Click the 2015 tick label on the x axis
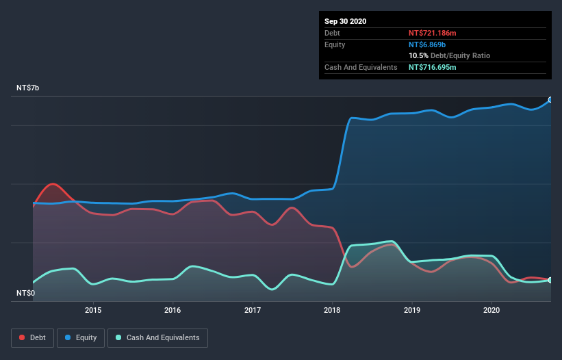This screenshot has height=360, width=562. click(93, 310)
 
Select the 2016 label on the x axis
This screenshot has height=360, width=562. click(173, 310)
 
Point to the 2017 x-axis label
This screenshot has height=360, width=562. click(253, 310)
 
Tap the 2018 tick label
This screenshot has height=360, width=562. click(333, 310)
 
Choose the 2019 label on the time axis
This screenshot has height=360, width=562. click(412, 310)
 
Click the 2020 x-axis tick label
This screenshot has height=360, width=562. click(491, 310)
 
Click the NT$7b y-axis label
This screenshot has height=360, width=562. click(29, 88)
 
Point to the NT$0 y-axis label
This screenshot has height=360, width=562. click(27, 293)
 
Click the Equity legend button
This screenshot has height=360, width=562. click(80, 337)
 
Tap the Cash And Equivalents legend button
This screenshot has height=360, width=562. click(157, 337)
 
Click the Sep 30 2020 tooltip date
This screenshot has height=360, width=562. click(346, 21)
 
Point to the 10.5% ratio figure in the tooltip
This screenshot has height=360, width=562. click(418, 55)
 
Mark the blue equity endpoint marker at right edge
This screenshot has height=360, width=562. click(550, 100)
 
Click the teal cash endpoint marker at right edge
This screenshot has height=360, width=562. click(550, 280)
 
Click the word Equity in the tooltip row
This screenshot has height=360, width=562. click(335, 44)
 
